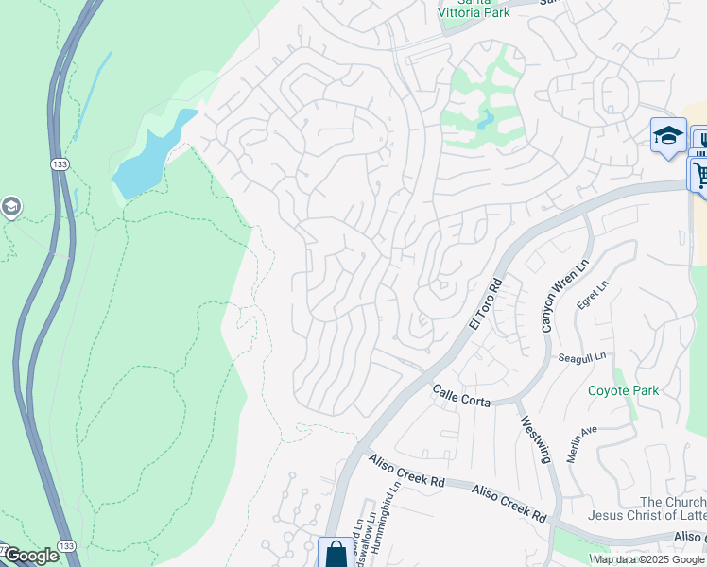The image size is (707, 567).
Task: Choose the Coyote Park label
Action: (624, 390)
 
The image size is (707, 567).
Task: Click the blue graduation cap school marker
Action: (667, 134)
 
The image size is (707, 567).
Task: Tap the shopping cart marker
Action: (699, 175)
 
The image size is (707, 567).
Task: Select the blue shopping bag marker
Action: (336, 555)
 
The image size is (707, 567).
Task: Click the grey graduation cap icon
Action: (10, 207)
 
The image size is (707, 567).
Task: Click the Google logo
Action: (30, 556)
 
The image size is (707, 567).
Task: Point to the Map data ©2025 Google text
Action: (648, 559)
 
